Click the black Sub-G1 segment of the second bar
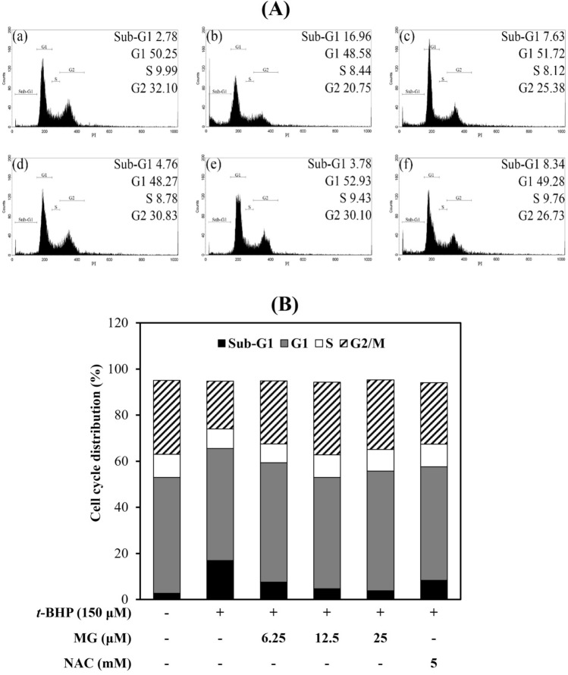coord(221,579)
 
